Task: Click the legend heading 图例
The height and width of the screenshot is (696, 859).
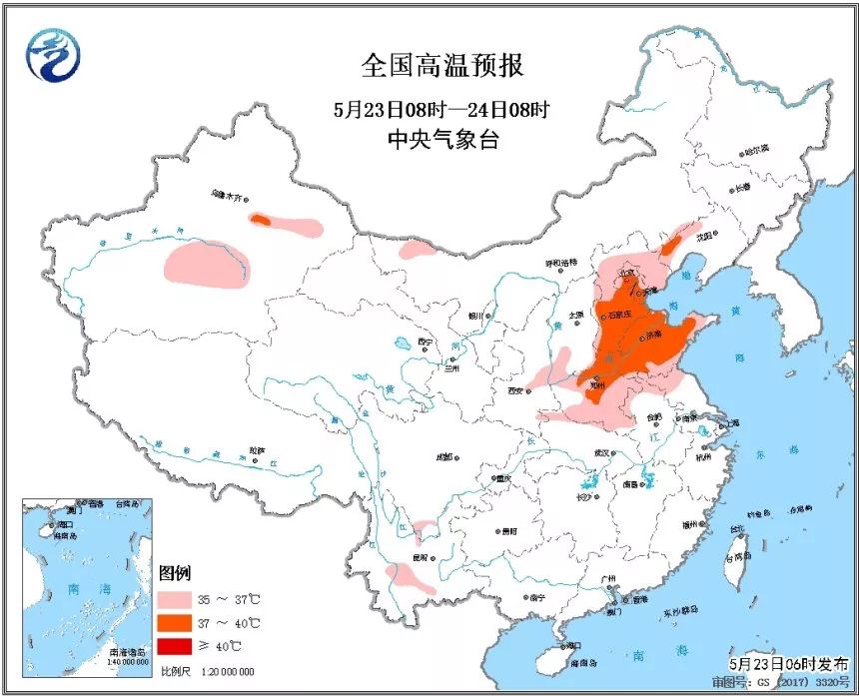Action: coord(174,573)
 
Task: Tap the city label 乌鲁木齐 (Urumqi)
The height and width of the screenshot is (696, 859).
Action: coord(227,197)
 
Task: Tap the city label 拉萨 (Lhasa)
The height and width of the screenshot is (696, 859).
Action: coord(258,450)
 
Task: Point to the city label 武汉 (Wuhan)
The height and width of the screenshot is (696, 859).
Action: coord(600,452)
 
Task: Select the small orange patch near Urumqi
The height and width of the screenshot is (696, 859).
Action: coord(260,219)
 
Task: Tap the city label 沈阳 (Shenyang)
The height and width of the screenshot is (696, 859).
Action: coord(706,237)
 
